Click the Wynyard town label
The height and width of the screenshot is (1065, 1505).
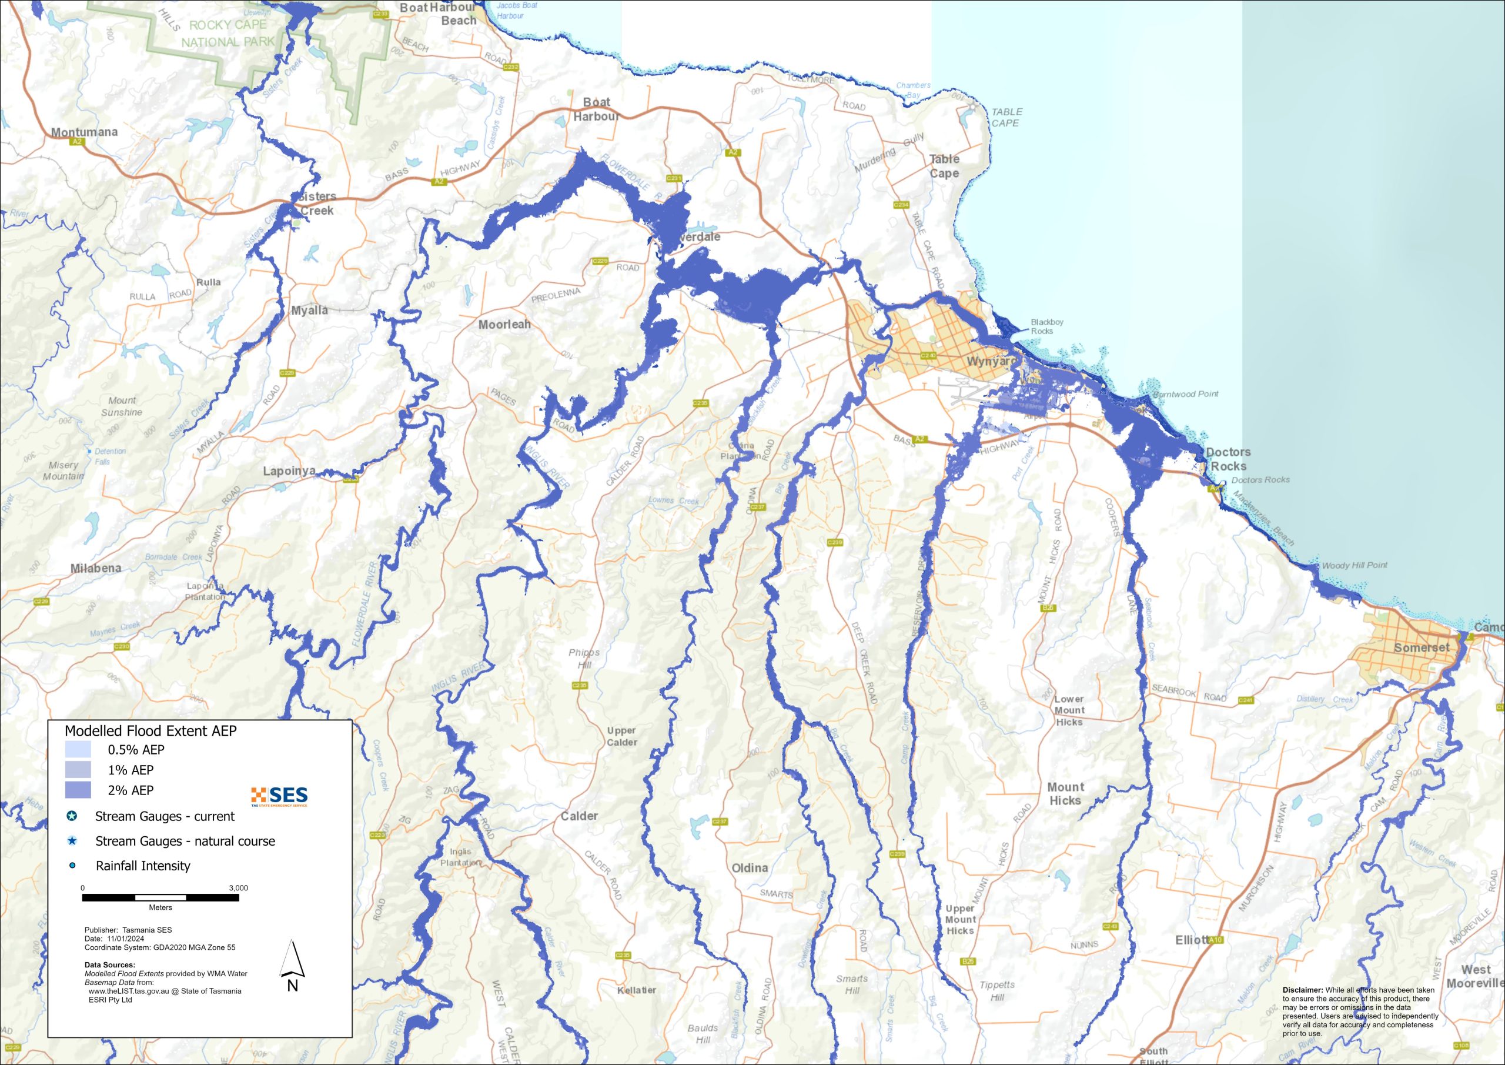click(x=991, y=361)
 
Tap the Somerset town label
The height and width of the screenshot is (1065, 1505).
click(x=1421, y=647)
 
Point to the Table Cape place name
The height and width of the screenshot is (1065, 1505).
click(x=944, y=166)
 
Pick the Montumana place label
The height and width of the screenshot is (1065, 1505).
click(x=85, y=132)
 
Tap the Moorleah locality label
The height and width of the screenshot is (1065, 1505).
click(x=504, y=324)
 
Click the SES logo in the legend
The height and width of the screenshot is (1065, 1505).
click(x=279, y=796)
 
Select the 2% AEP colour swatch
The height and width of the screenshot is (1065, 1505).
click(x=78, y=790)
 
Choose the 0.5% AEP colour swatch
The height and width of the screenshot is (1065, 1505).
click(x=78, y=750)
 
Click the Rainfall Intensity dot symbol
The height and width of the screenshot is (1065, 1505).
click(x=72, y=866)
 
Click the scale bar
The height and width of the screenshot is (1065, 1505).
click(x=160, y=897)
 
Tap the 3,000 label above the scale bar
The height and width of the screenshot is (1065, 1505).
click(x=238, y=888)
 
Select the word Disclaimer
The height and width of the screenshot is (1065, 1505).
click(x=1302, y=990)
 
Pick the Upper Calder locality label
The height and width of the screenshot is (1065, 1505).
click(x=621, y=736)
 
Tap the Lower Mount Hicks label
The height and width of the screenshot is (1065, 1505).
click(x=1069, y=710)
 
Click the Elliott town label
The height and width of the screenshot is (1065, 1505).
click(x=1192, y=940)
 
